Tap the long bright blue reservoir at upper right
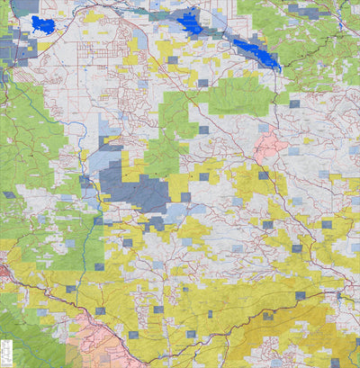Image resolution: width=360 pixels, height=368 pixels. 259,52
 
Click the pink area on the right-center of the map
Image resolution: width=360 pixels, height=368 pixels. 271,145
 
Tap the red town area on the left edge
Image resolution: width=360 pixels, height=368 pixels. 4,270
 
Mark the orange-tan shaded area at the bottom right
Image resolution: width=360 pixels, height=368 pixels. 288,342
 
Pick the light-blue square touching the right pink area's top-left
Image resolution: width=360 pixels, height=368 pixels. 263,130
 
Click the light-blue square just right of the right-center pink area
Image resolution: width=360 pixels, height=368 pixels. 293,151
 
